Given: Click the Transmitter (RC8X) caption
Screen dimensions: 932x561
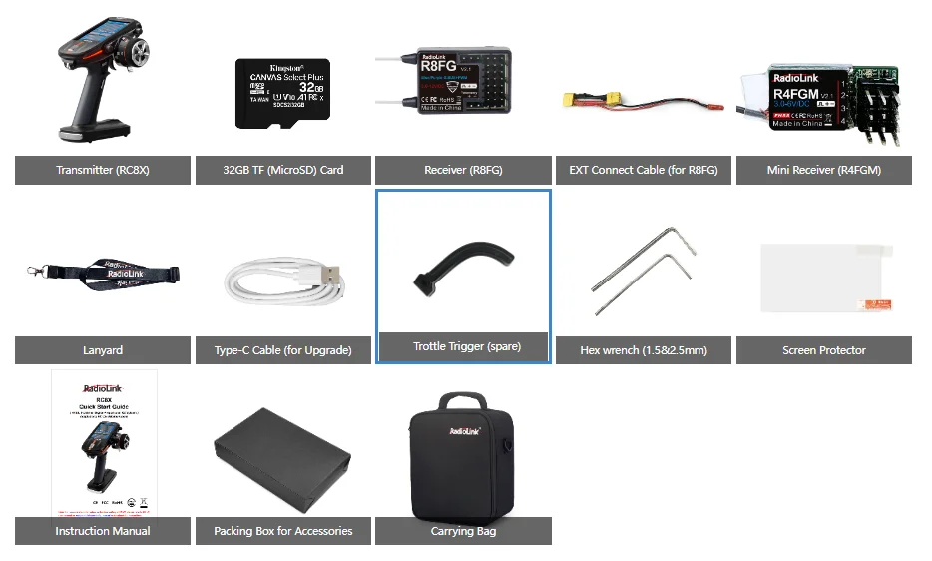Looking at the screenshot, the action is point(103,170).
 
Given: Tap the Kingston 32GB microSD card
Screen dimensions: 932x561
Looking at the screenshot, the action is point(282,94).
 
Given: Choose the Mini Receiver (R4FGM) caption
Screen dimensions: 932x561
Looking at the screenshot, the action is point(823,170).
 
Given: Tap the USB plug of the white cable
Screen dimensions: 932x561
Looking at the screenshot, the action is point(328,274).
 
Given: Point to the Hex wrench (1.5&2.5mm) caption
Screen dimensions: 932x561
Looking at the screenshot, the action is point(644,350).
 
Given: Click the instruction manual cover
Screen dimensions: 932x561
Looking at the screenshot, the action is point(104,439).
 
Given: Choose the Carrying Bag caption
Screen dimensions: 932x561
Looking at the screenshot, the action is point(463,531).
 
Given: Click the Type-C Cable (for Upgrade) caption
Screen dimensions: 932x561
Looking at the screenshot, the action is point(282,350).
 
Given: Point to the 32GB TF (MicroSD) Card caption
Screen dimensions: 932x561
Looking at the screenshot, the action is point(283,170).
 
